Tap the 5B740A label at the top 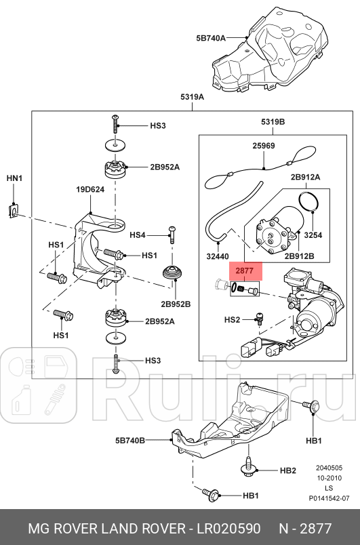point(210,39)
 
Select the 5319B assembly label point(273,121)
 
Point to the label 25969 point(264,145)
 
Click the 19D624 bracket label point(89,190)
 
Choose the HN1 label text point(14,178)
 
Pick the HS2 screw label point(232,319)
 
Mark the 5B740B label point(130,440)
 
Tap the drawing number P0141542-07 point(329,498)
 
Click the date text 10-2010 point(329,478)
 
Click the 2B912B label point(300,257)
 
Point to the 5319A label point(192,98)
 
